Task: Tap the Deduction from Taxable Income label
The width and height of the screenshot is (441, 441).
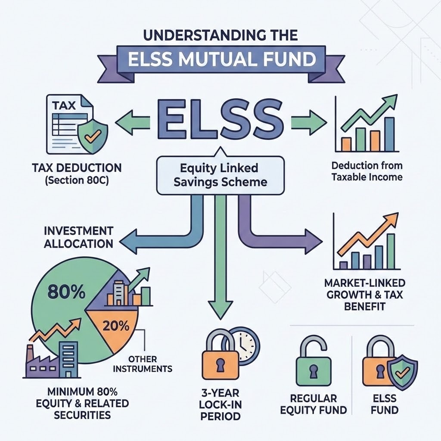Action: pos(367,171)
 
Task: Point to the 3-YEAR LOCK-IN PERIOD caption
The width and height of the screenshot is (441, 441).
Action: pos(221,404)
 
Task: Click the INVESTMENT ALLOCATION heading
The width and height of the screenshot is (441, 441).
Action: pos(78,236)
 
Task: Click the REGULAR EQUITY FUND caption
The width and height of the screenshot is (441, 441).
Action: pos(313,404)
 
